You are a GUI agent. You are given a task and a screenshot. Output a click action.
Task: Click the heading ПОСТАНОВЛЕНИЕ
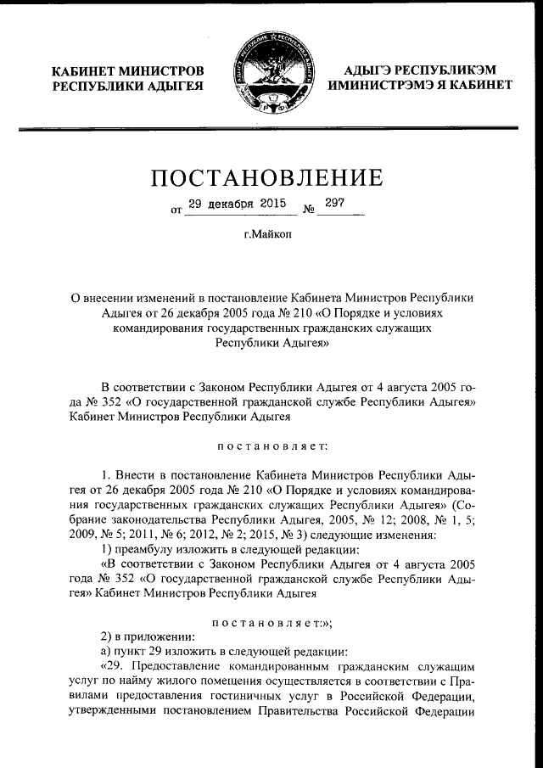(266, 177)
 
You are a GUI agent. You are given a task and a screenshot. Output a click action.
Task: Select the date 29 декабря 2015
(236, 205)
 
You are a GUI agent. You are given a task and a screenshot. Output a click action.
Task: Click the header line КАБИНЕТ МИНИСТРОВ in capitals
(127, 69)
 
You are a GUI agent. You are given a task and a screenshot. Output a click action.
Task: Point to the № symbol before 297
(309, 209)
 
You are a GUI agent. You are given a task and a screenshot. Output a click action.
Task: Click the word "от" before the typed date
(176, 209)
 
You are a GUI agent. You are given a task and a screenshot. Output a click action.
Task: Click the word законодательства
(148, 520)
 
